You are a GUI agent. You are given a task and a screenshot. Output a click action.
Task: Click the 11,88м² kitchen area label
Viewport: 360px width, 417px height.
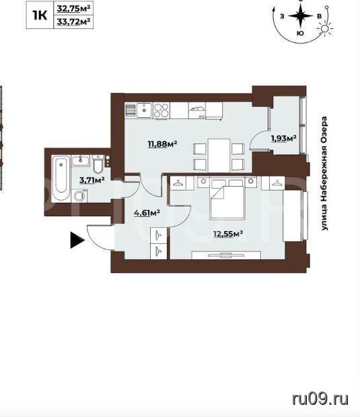point(162,144)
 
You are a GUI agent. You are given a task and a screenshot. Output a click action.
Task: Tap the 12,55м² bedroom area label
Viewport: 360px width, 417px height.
point(229,234)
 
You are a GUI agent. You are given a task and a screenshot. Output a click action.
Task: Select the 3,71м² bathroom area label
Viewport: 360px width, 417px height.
point(92,181)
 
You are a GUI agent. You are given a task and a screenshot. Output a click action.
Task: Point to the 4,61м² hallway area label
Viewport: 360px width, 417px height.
point(147,213)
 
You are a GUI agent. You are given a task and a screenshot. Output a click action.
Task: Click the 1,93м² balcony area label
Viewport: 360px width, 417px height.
point(284,138)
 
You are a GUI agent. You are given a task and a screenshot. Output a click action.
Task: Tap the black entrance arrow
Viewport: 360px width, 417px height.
point(77,240)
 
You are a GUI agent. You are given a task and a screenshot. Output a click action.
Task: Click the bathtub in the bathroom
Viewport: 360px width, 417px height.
point(61,179)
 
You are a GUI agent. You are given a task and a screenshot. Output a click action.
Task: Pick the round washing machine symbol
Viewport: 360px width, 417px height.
point(79,196)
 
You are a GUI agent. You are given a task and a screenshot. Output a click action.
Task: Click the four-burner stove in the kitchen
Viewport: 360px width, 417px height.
point(161,110)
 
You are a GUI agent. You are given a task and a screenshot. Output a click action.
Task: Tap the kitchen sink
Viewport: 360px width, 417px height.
point(144,110)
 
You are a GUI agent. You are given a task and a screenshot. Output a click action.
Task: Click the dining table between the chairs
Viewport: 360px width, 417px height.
point(219,156)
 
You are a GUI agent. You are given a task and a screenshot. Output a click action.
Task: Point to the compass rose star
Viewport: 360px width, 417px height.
point(301,16)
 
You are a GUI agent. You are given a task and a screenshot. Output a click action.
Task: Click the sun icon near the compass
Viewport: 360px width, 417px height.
point(324,28)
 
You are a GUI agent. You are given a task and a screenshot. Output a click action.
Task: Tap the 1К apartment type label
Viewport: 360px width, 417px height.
point(40,15)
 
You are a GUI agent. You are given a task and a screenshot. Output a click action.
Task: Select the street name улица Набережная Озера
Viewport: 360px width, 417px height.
point(324,173)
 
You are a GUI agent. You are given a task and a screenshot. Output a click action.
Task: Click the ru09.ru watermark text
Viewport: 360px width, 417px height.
point(320,399)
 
